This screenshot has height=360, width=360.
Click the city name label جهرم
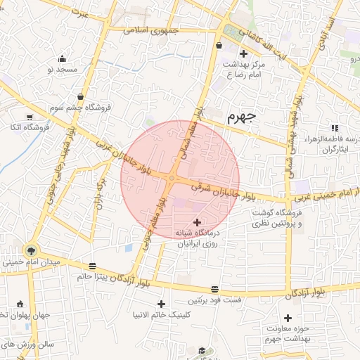(x=244, y=117)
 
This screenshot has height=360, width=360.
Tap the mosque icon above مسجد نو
(x=63, y=59)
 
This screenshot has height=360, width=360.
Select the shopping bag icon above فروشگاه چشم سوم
(x=82, y=96)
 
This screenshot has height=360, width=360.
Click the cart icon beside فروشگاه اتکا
(x=30, y=117)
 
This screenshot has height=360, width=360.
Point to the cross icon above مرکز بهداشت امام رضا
(x=243, y=53)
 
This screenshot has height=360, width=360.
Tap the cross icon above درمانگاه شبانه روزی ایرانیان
(x=196, y=222)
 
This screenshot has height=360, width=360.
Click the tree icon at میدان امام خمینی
(x=30, y=250)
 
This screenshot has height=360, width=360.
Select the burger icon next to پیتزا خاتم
(x=93, y=266)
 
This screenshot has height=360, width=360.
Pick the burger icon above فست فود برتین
(x=214, y=289)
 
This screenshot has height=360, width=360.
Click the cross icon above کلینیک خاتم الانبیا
(x=162, y=304)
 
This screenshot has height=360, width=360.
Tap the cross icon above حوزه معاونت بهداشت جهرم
(x=288, y=319)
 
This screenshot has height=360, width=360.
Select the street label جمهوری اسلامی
(x=151, y=31)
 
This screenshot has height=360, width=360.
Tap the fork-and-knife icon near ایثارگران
(x=335, y=128)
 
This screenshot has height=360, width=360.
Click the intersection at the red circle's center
(x=172, y=179)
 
